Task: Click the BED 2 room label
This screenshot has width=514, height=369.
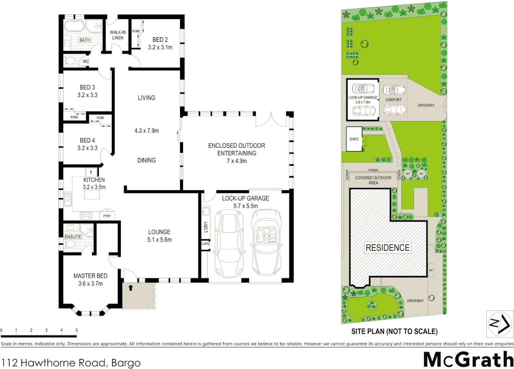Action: point(160,40)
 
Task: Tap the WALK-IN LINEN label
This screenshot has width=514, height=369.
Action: point(118,35)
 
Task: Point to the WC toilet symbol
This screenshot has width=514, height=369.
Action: point(70,61)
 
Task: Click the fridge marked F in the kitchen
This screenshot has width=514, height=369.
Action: point(91,173)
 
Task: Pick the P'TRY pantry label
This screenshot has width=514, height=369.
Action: point(107,216)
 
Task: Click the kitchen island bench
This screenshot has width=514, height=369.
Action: point(92,195)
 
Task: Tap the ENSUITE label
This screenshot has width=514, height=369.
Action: point(73,237)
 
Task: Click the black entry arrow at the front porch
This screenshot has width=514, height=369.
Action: point(130,288)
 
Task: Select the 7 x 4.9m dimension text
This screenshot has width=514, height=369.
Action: point(237,161)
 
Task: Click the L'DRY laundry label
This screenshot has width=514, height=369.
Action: point(206,227)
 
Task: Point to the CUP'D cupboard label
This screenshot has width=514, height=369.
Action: point(205,244)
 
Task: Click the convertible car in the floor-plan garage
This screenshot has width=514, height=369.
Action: point(266,243)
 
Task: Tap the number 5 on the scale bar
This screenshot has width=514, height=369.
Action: point(77,330)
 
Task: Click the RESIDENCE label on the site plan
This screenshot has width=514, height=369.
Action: point(387,248)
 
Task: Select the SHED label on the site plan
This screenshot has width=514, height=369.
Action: point(354,139)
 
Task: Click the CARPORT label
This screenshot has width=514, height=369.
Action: point(393,100)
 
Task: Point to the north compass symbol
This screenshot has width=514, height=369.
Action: point(499,324)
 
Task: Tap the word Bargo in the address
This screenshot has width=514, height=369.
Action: point(126,363)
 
